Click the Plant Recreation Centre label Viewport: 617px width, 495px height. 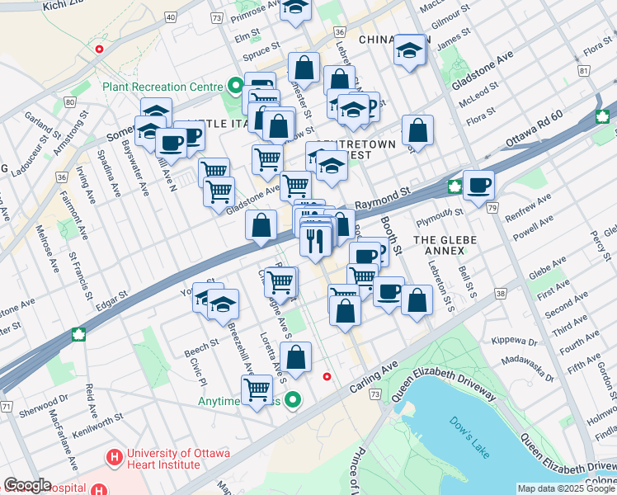[x=162, y=87]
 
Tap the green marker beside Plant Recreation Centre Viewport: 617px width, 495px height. [x=235, y=86]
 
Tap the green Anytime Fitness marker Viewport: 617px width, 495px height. [x=293, y=401]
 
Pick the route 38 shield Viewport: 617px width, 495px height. [x=500, y=293]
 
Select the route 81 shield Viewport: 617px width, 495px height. [x=584, y=72]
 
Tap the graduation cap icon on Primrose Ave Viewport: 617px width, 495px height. [x=294, y=9]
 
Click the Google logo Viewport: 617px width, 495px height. [x=27, y=485]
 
